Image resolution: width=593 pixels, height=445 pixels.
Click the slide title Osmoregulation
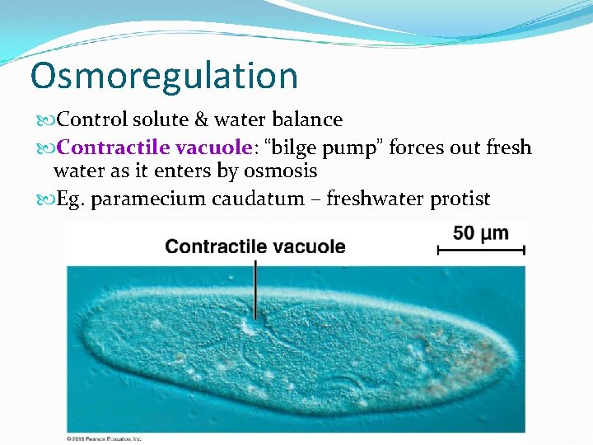click(x=164, y=75)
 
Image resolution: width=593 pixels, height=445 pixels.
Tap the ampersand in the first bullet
click(x=202, y=120)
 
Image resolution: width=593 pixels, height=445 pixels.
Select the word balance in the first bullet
click(x=310, y=120)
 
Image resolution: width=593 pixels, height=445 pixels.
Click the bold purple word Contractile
click(x=110, y=148)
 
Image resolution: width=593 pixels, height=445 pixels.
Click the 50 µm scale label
click(x=480, y=234)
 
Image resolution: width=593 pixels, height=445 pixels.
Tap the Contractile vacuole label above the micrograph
click(x=255, y=246)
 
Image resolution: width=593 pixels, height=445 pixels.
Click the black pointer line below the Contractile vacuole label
click(x=255, y=288)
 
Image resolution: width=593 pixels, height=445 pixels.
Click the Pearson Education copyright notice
click(x=105, y=438)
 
